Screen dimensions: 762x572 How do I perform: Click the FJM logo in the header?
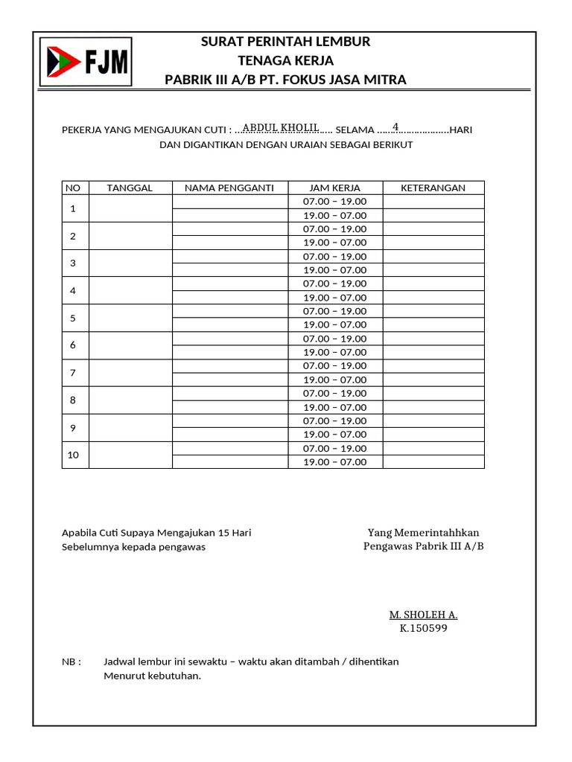(86, 62)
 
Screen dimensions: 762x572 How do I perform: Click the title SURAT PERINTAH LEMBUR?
(285, 42)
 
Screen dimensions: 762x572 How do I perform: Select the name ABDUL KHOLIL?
(281, 127)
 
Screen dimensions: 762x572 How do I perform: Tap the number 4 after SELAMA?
(395, 126)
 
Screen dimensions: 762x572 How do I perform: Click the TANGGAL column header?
(130, 188)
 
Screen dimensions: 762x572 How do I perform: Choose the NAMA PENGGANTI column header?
(229, 188)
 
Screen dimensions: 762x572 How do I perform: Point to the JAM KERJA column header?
(334, 188)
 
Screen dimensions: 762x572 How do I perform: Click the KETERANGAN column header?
(433, 188)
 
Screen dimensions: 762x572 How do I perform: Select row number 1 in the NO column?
(73, 208)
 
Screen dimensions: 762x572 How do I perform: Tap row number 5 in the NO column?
(73, 318)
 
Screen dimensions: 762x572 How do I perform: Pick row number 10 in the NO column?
(73, 455)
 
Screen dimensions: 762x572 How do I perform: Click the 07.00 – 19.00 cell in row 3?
(334, 257)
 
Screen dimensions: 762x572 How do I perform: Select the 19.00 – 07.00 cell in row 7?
(334, 380)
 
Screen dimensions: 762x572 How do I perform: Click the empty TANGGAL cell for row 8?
(130, 400)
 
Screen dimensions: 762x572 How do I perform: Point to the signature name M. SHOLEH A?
(423, 615)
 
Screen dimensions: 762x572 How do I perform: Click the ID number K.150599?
(423, 628)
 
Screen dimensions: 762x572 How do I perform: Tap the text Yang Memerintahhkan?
(423, 533)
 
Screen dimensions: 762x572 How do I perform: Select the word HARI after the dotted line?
(461, 129)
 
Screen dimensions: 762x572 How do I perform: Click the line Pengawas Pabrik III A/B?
(423, 546)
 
